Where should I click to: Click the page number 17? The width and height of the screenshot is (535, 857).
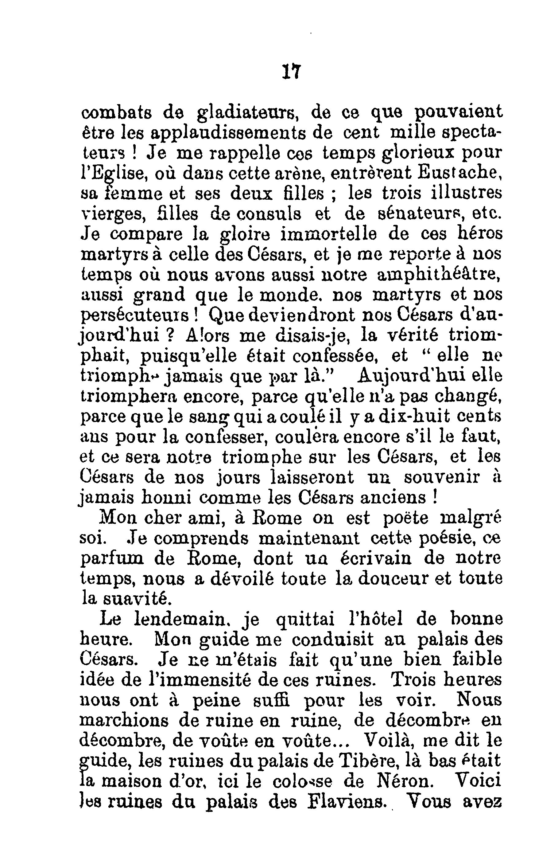tap(292, 72)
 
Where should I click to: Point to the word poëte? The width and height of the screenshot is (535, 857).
tap(405, 519)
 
